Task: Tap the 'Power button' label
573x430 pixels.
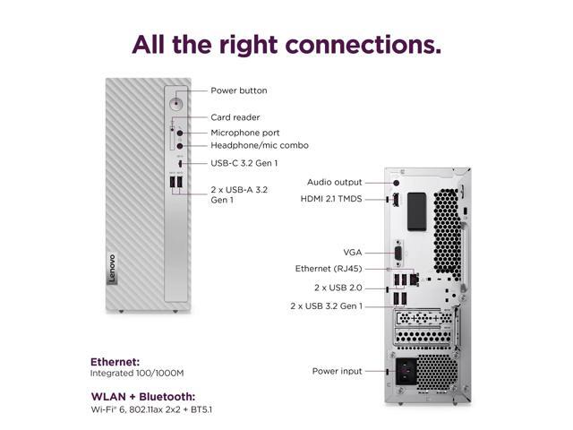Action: pos(238,90)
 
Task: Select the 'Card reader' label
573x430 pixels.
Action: pos(235,117)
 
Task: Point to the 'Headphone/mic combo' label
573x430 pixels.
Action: pos(259,145)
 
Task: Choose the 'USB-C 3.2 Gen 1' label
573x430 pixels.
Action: pos(244,163)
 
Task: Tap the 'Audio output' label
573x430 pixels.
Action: pos(335,182)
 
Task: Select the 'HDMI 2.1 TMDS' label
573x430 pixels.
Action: pos(331,199)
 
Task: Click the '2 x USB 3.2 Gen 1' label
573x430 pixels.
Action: pos(326,305)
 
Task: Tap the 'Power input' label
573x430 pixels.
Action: pos(337,371)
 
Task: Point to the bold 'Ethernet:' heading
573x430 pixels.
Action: pos(115,362)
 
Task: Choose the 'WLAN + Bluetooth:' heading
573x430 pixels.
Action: pos(143,396)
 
